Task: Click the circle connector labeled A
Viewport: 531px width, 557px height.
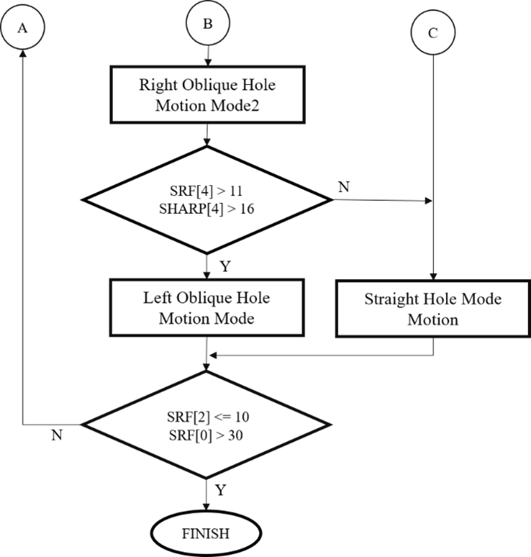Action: click(x=23, y=27)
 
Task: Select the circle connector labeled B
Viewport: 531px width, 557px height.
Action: click(x=208, y=24)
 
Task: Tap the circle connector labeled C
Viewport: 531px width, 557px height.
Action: click(x=433, y=33)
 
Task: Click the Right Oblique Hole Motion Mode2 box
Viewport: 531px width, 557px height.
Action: click(x=206, y=96)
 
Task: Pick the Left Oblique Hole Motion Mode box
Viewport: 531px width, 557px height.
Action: click(x=206, y=308)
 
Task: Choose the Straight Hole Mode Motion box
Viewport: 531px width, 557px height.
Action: click(x=433, y=309)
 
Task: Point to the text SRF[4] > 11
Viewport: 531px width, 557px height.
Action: click(x=206, y=190)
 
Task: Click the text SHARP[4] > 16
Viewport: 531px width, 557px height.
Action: click(x=206, y=208)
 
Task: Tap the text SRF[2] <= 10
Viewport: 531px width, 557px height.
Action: click(x=206, y=417)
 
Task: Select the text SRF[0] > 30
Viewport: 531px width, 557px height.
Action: click(x=206, y=435)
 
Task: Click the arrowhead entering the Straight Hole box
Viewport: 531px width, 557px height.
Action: click(x=433, y=276)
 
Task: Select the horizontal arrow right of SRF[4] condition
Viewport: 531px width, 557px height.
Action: click(x=382, y=201)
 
